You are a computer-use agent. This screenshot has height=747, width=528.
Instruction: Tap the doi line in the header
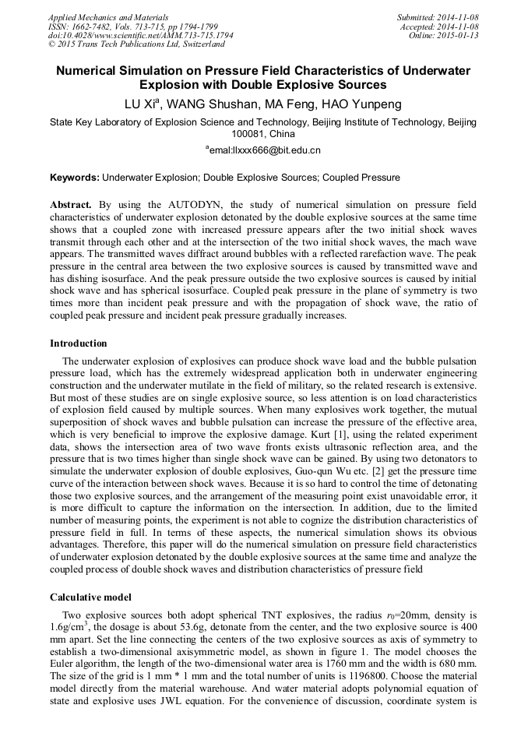[x=140, y=35]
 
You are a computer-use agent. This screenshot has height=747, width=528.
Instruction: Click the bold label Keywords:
[x=75, y=178]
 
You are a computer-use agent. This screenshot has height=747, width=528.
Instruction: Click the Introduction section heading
[x=79, y=344]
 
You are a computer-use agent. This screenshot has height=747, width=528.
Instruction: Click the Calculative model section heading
[x=90, y=597]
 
